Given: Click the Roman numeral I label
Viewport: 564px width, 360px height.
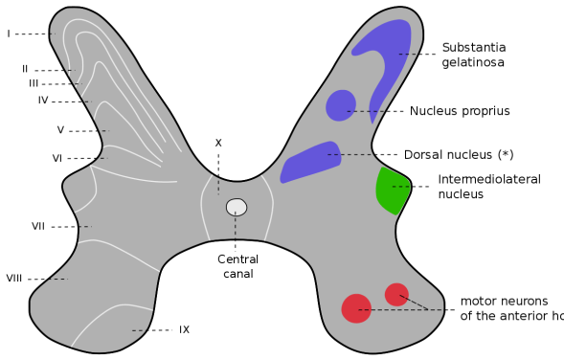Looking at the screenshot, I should click(9, 34).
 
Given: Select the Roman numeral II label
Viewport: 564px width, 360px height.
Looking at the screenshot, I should click(26, 69).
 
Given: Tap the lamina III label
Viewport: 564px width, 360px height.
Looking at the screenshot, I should click(34, 83).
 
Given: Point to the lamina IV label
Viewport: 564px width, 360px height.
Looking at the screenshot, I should click(43, 100).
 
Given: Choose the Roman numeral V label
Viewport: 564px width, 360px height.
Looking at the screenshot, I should click(60, 129).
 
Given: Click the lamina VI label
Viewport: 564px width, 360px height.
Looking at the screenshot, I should click(58, 157).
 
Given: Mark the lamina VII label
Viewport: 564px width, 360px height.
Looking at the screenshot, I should click(38, 227).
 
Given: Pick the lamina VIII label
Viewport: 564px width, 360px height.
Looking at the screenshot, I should click(14, 279).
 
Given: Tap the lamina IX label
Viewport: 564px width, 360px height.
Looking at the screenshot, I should click(184, 329).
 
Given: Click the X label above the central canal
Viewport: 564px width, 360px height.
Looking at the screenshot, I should click(218, 143).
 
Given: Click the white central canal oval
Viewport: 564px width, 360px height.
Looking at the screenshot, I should click(237, 207).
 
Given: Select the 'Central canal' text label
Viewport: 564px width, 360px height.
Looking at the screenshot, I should click(237, 267).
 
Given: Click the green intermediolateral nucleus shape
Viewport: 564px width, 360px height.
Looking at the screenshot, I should click(392, 191).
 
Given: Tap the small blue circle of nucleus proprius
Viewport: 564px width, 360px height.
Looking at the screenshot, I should click(340, 105).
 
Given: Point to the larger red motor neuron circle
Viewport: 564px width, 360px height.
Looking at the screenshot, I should click(356, 308).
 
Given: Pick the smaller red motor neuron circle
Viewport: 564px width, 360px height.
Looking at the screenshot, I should click(396, 294).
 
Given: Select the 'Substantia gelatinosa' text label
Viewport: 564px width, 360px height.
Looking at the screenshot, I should click(473, 55).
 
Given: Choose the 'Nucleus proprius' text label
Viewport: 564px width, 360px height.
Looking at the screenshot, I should click(460, 111).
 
